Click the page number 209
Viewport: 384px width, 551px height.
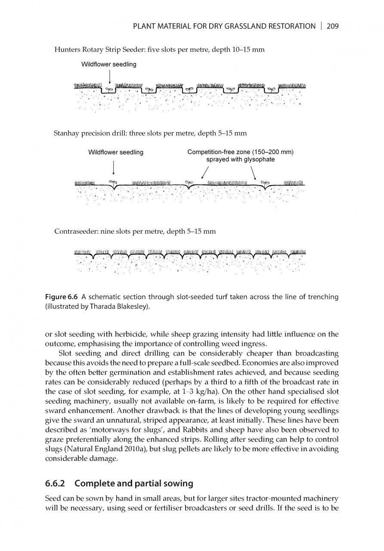(x=333, y=26)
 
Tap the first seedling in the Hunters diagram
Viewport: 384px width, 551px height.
(x=109, y=89)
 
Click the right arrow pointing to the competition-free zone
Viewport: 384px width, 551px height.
(x=254, y=173)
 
